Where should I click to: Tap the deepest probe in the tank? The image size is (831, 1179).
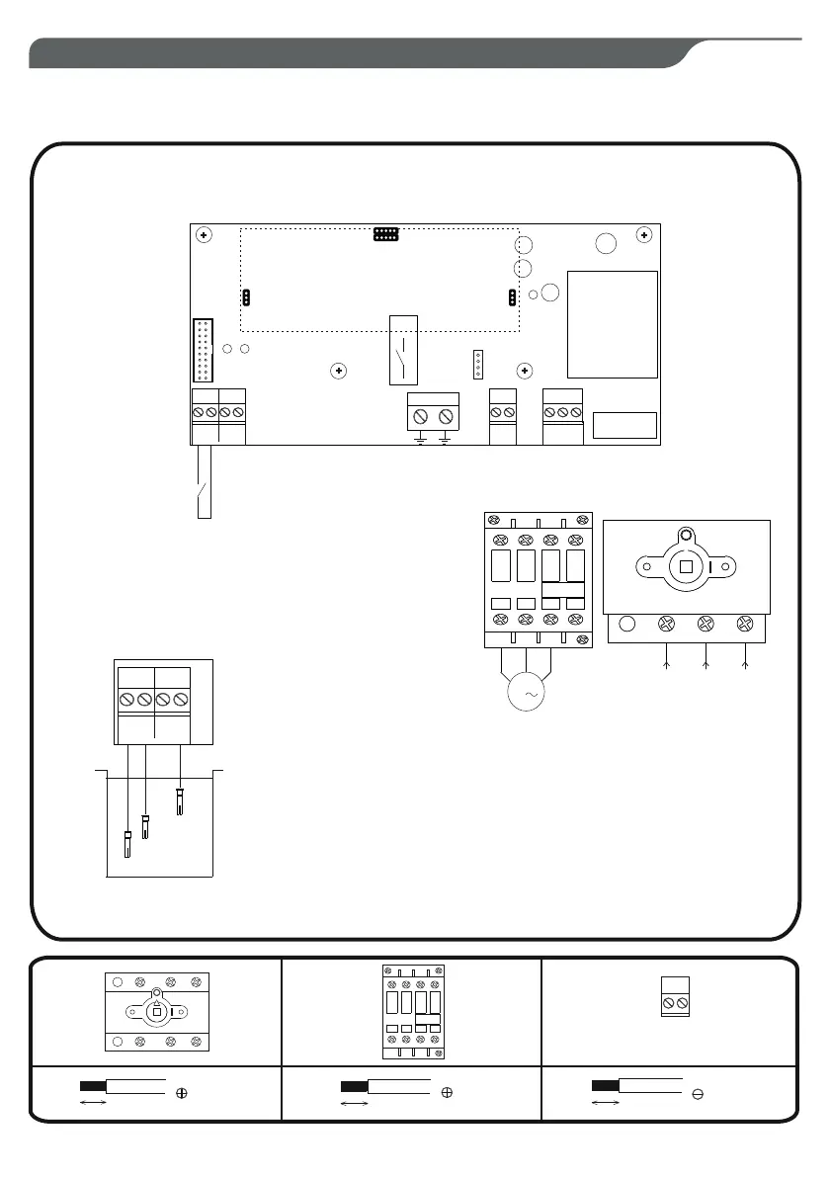pyautogui.click(x=126, y=845)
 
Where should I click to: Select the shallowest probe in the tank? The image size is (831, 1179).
pyautogui.click(x=180, y=800)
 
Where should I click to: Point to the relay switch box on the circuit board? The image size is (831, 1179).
pyautogui.click(x=405, y=349)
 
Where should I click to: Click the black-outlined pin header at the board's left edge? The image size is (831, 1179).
pyautogui.click(x=203, y=351)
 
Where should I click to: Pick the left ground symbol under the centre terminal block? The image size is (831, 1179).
pyautogui.click(x=421, y=437)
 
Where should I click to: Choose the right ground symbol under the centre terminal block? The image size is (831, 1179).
pyautogui.click(x=446, y=437)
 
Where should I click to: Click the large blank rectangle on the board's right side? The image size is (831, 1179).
pyautogui.click(x=613, y=323)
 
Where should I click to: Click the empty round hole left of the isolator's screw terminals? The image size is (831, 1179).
pyautogui.click(x=626, y=625)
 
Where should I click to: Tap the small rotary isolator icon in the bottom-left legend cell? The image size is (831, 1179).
pyautogui.click(x=156, y=1012)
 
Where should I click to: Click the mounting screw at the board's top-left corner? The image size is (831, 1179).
pyautogui.click(x=203, y=235)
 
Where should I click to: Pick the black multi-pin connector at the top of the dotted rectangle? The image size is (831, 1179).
pyautogui.click(x=385, y=235)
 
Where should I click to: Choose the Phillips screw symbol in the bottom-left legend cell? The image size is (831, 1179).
pyautogui.click(x=182, y=1093)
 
